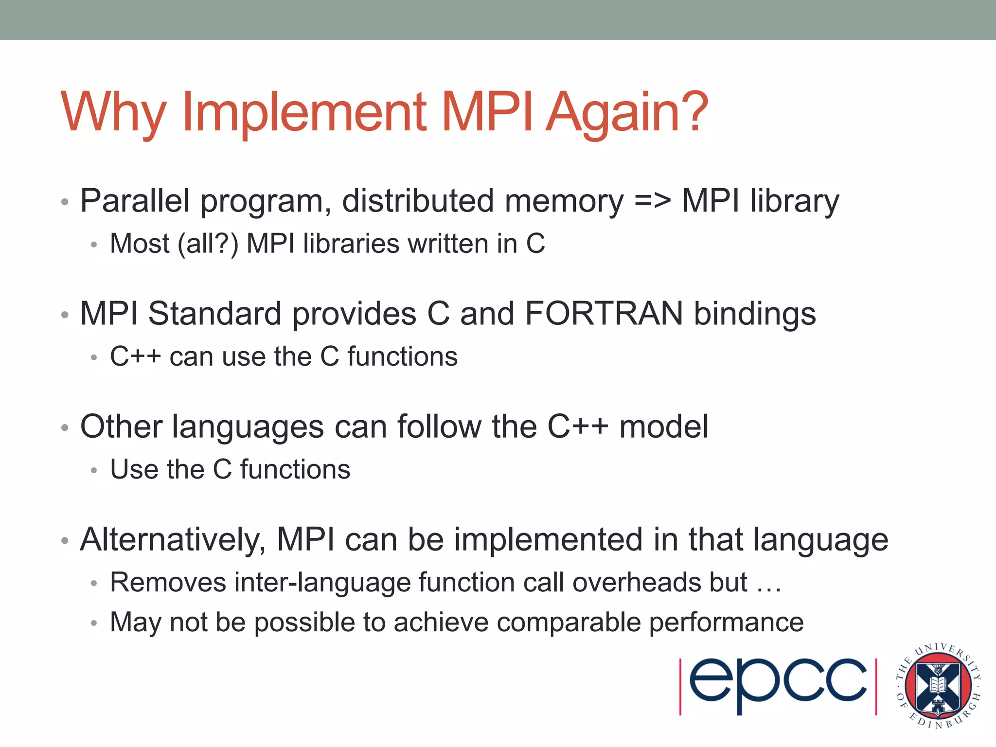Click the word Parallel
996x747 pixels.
(x=135, y=201)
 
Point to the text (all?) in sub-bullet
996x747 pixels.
(x=208, y=244)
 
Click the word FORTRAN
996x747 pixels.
(x=604, y=314)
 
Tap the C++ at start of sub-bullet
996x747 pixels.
(x=135, y=356)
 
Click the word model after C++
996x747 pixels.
(x=663, y=427)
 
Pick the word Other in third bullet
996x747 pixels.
(x=121, y=427)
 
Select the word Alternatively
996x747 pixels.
(x=173, y=540)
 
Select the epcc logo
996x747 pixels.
(x=778, y=686)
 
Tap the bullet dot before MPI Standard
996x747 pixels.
(x=65, y=315)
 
